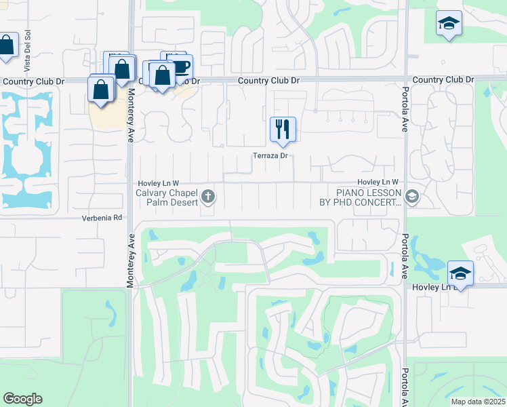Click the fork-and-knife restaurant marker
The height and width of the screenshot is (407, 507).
pyautogui.click(x=283, y=129)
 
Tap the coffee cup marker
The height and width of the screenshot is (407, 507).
pyautogui.click(x=182, y=66)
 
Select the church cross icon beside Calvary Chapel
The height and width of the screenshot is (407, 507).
pyautogui.click(x=208, y=197)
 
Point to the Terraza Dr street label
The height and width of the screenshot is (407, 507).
pyautogui.click(x=270, y=156)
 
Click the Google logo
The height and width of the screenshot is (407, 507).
pyautogui.click(x=22, y=399)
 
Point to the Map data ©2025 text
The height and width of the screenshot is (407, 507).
pyautogui.click(x=477, y=402)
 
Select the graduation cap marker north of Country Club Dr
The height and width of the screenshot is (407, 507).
pyautogui.click(x=449, y=24)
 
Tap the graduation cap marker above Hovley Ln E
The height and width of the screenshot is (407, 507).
pyautogui.click(x=460, y=274)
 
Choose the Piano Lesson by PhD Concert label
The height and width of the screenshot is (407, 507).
pyautogui.click(x=361, y=197)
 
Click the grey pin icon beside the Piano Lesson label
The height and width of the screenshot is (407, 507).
pyautogui.click(x=413, y=197)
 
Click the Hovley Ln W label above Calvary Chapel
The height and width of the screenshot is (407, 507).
pyautogui.click(x=158, y=183)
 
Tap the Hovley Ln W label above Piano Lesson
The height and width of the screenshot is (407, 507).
pyautogui.click(x=378, y=182)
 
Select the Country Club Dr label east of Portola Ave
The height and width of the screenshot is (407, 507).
pyautogui.click(x=443, y=80)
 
